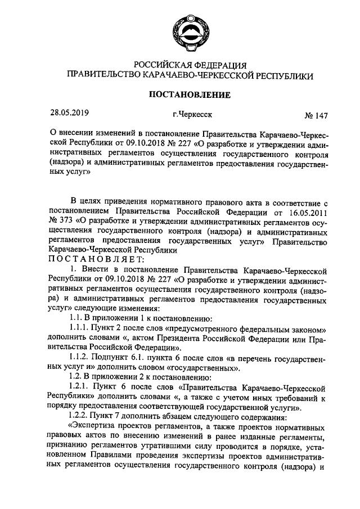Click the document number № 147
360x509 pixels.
[x=316, y=116]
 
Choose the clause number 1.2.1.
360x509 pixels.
[x=80, y=388]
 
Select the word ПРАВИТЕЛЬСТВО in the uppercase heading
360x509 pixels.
[x=102, y=75]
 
